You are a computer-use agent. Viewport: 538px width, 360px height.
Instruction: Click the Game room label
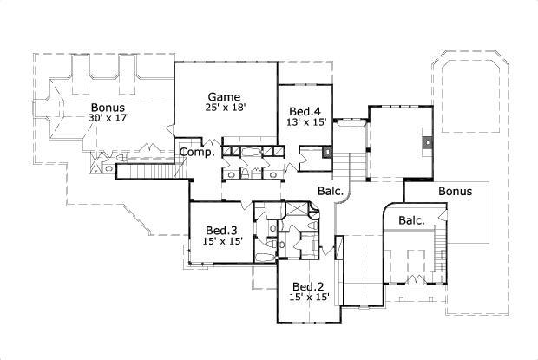pyautogui.click(x=224, y=95)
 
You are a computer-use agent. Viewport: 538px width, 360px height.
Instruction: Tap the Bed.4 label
pyautogui.click(x=305, y=111)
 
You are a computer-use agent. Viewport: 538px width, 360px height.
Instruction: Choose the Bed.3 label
pyautogui.click(x=223, y=230)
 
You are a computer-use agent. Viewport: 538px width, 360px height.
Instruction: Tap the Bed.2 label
pyautogui.click(x=308, y=287)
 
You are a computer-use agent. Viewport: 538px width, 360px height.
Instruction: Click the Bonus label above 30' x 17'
pyautogui.click(x=108, y=107)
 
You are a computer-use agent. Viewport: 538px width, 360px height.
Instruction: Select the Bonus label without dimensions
pyautogui.click(x=455, y=191)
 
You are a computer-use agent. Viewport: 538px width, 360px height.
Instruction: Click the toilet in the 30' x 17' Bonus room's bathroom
pyautogui.click(x=106, y=159)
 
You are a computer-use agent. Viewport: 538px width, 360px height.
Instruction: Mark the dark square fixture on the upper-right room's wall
pyautogui.click(x=427, y=140)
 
